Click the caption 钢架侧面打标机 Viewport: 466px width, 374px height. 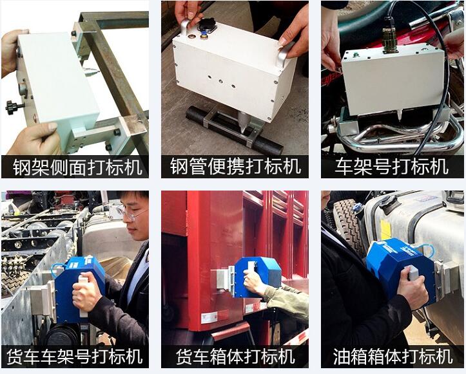point(77,167)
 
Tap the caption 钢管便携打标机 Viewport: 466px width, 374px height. point(235,167)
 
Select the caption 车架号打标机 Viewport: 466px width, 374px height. point(392,167)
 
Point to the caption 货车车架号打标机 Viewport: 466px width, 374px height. point(75,356)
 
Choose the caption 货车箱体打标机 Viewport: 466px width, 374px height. point(235,356)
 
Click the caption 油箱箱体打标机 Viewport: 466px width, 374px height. point(393,356)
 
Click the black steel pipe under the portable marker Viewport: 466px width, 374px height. point(235,130)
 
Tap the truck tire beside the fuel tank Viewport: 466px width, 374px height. point(347,221)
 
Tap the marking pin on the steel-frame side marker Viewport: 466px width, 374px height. point(90,70)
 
